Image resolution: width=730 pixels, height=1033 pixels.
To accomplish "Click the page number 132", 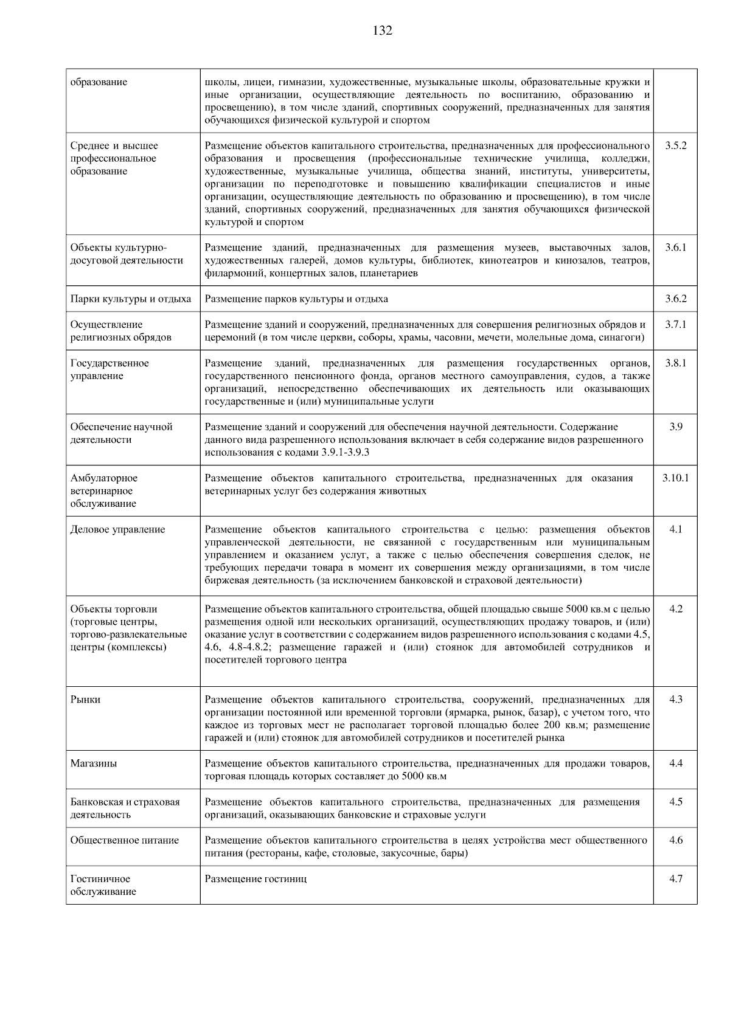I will [x=382, y=30].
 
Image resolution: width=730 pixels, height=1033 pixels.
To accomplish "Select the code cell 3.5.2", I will [x=675, y=146].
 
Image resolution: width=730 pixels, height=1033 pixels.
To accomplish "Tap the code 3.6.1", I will [x=675, y=248].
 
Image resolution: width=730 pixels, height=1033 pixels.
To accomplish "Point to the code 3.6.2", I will [x=675, y=299].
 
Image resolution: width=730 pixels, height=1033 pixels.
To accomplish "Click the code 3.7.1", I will [x=675, y=324].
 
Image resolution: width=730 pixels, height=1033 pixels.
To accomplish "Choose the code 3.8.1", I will [x=675, y=363].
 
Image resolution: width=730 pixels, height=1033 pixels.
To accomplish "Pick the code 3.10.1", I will [x=675, y=478].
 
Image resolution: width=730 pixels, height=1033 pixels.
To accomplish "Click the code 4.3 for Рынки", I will [x=675, y=700].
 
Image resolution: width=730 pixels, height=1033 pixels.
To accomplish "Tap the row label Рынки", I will [x=85, y=700].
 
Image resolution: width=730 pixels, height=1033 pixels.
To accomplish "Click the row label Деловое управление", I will [x=117, y=529].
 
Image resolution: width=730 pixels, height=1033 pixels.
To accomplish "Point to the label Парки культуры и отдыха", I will [x=130, y=299].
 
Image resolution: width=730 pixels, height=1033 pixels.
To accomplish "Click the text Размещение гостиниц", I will [x=255, y=879].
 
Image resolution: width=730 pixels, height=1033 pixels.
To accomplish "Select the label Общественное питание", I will [x=124, y=840].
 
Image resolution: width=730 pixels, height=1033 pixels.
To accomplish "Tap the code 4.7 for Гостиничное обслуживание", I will [x=675, y=879].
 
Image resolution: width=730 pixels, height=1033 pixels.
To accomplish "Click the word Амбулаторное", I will [x=103, y=478].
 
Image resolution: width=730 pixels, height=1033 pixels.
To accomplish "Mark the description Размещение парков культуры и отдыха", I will [x=296, y=299].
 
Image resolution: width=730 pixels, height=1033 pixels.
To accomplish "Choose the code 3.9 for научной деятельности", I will [x=675, y=427].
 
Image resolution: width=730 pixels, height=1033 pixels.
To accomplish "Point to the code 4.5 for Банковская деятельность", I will [x=675, y=802].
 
